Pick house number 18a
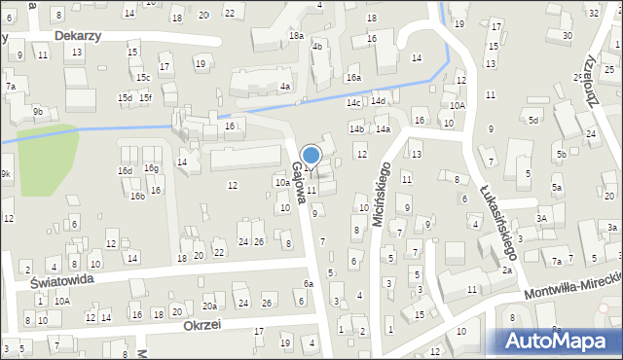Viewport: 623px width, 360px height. click(x=296, y=36)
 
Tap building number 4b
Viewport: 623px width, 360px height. click(x=316, y=46)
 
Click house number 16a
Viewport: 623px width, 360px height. click(x=352, y=77)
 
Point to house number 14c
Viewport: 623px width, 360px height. click(x=353, y=102)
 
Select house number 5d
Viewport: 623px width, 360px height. click(x=532, y=120)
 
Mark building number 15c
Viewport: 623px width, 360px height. click(x=143, y=77)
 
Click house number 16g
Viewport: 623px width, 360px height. click(x=151, y=168)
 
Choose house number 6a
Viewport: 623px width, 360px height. click(x=308, y=283)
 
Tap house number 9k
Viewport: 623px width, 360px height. click(x=6, y=174)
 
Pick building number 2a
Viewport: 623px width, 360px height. click(x=507, y=270)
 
